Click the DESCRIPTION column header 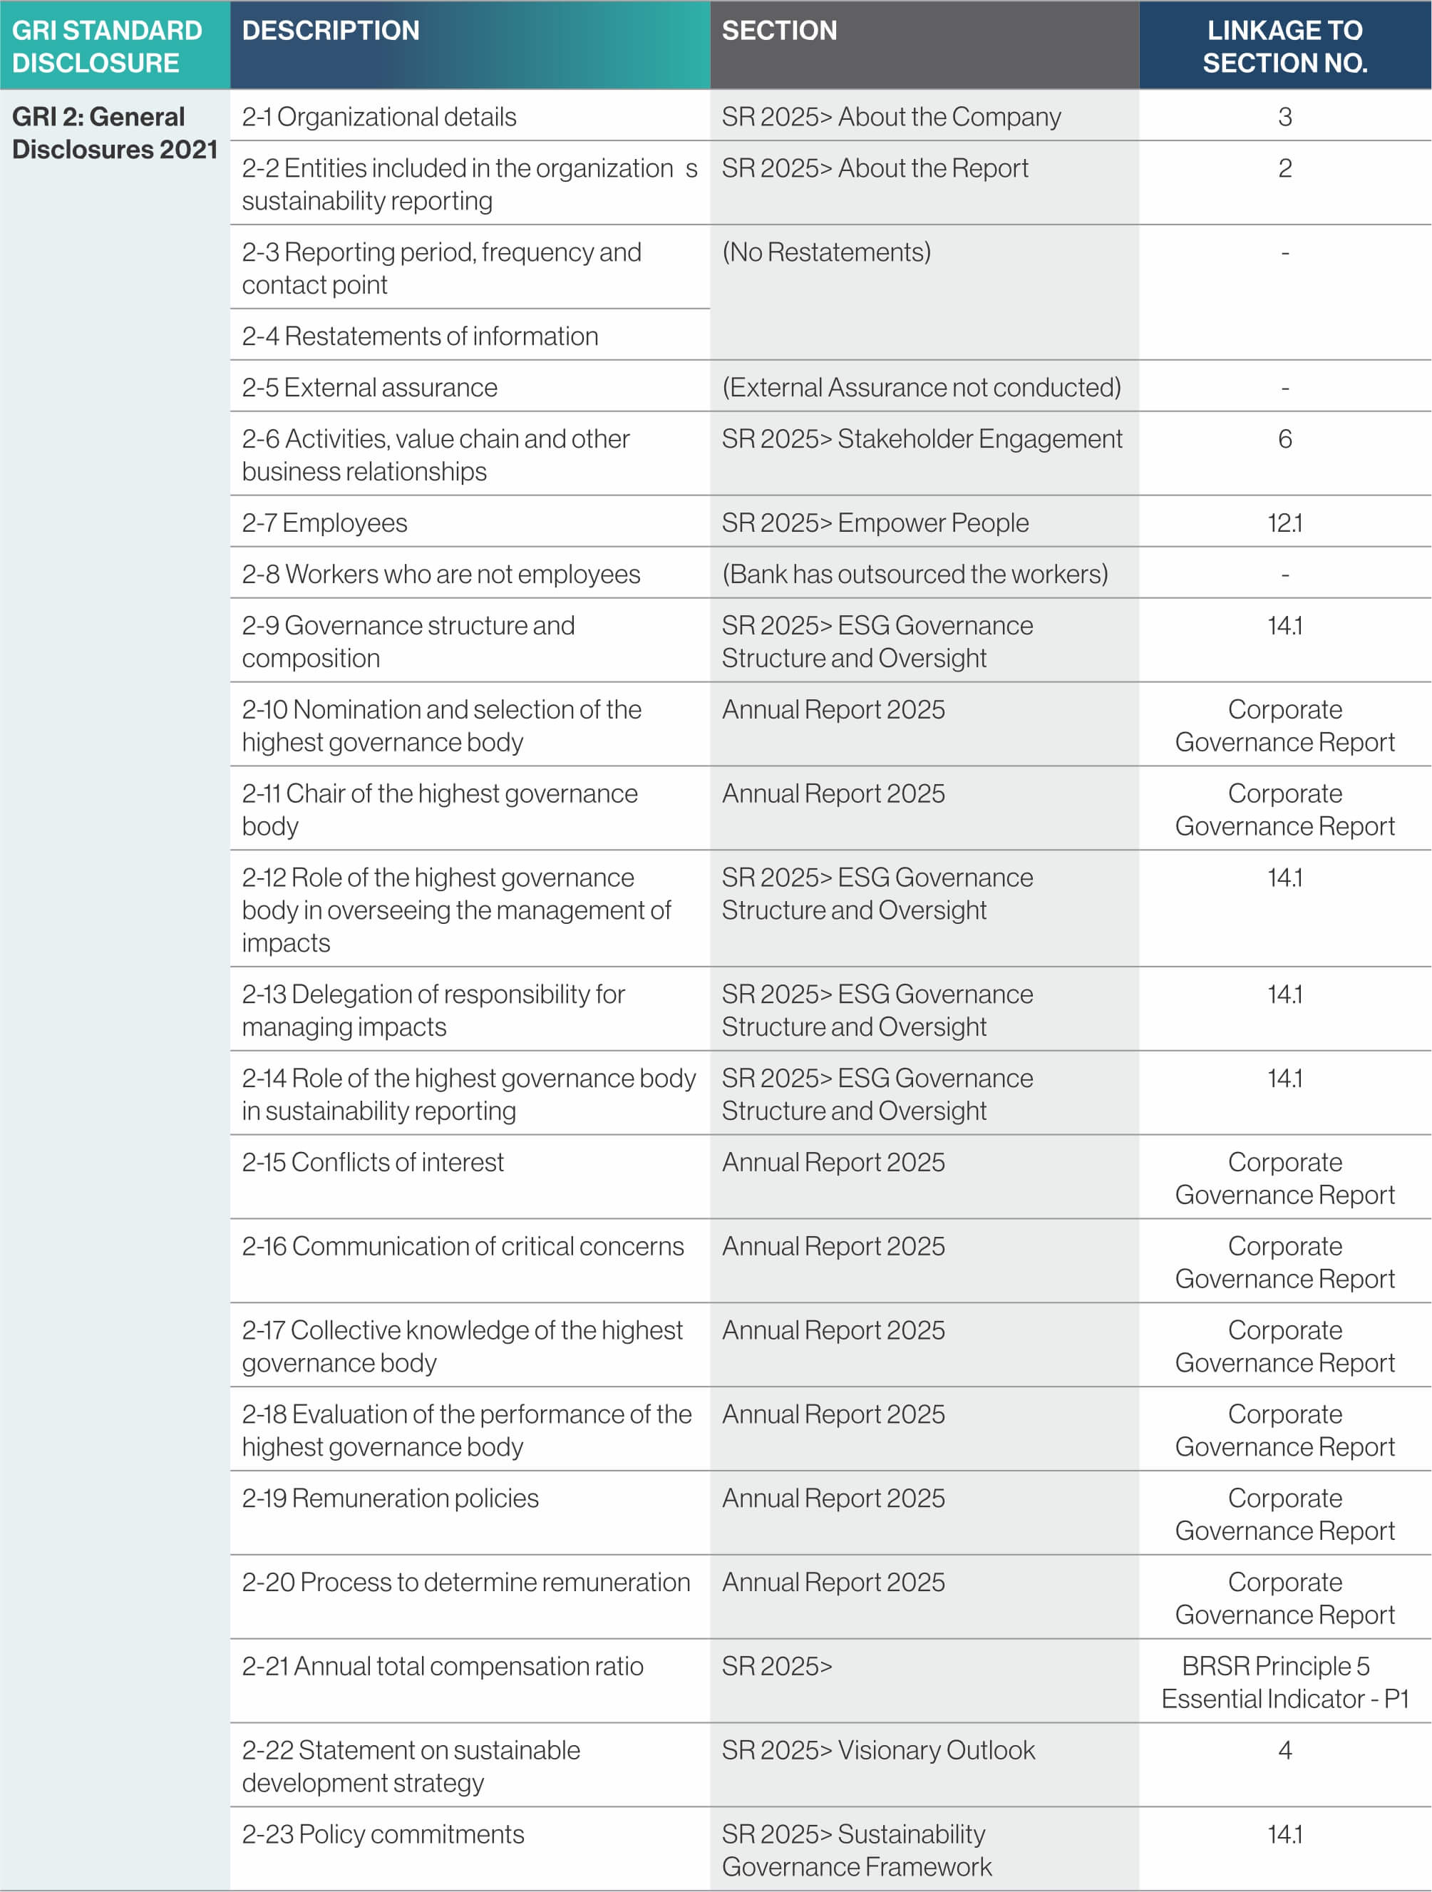pyautogui.click(x=331, y=31)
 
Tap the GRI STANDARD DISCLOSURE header pyautogui.click(x=106, y=46)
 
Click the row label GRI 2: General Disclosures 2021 pyautogui.click(x=114, y=133)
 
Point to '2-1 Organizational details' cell pyautogui.click(x=379, y=116)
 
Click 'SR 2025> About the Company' pyautogui.click(x=890, y=116)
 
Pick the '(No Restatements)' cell pyautogui.click(x=826, y=252)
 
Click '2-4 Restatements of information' pyautogui.click(x=419, y=336)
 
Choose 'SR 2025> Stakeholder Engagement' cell pyautogui.click(x=922, y=439)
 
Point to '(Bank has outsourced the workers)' pyautogui.click(x=915, y=574)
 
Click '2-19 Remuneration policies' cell pyautogui.click(x=390, y=1498)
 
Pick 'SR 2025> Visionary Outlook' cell pyautogui.click(x=877, y=1750)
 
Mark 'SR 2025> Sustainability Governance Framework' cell pyautogui.click(x=856, y=1850)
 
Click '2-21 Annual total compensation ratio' pyautogui.click(x=442, y=1666)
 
